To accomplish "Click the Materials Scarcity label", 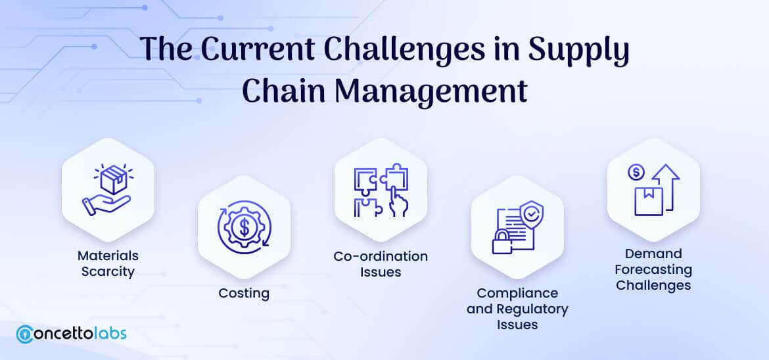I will click(108, 263).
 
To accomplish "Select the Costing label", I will click(244, 293).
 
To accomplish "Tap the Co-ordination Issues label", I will click(381, 263).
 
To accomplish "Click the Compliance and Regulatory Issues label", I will click(517, 309).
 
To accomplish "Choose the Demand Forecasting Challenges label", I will click(653, 269).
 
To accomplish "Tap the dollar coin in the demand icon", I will click(636, 172).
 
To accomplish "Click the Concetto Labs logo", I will click(72, 333).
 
